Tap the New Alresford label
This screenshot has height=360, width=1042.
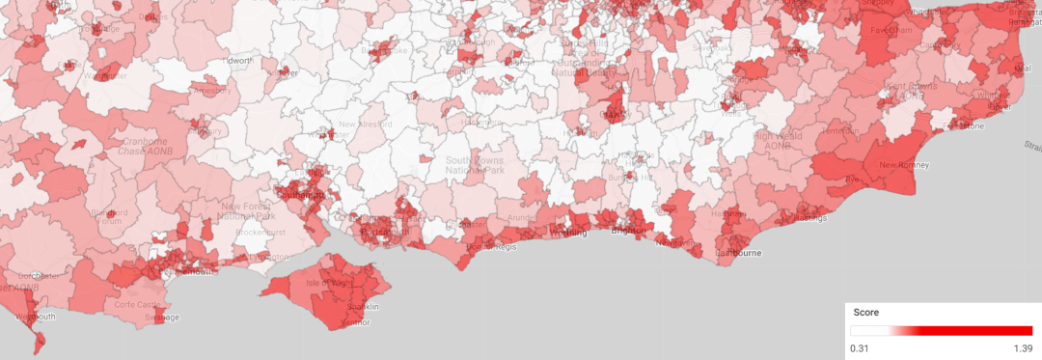point(366,125)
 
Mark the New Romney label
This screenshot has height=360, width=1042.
point(904,165)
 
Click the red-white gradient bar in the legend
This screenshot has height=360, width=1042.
point(942,330)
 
